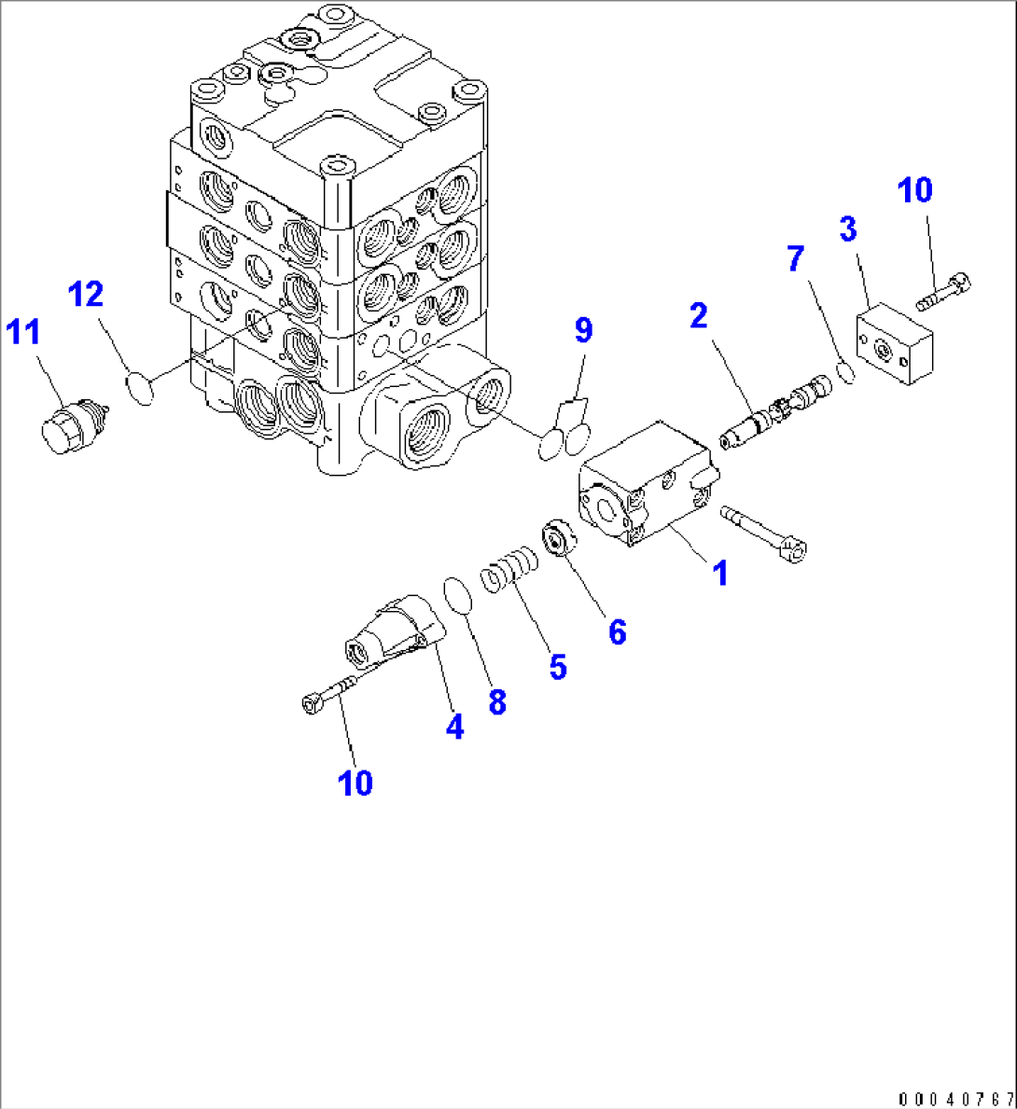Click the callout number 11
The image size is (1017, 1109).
click(25, 331)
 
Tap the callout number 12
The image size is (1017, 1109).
click(85, 295)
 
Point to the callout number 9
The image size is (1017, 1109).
click(583, 329)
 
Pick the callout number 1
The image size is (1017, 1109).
click(719, 573)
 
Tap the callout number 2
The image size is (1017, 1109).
click(699, 316)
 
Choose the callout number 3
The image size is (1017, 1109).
click(847, 229)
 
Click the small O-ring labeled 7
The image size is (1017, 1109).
click(846, 372)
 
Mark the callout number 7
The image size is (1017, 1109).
click(795, 259)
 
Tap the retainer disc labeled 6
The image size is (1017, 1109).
click(557, 541)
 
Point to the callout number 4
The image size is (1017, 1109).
click(454, 727)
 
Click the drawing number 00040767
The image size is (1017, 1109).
click(956, 1098)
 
